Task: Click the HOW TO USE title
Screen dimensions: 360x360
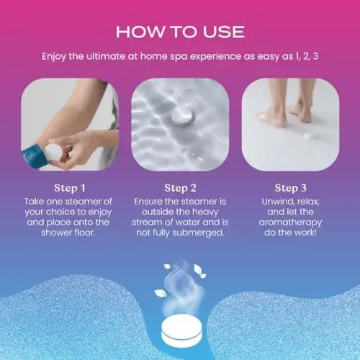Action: coord(180,31)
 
